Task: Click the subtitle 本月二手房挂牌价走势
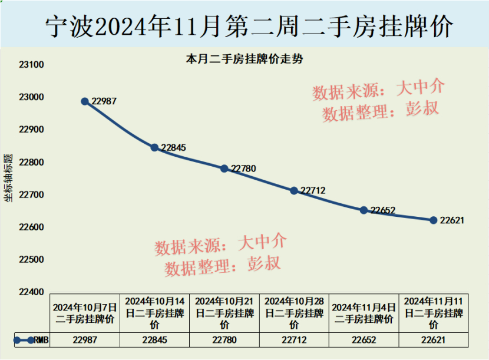point(244,59)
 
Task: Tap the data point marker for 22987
point(85,101)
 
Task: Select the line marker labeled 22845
point(154,147)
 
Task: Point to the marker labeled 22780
point(224,169)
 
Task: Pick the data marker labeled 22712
point(294,190)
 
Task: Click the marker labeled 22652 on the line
point(364,210)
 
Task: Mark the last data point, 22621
point(434,220)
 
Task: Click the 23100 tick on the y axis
point(32,65)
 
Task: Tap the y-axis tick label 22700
point(32,195)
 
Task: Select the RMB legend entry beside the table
point(31,340)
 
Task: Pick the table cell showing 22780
point(224,340)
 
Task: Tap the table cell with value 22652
point(364,340)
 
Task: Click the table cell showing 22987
point(85,340)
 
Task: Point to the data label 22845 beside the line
point(173,148)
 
